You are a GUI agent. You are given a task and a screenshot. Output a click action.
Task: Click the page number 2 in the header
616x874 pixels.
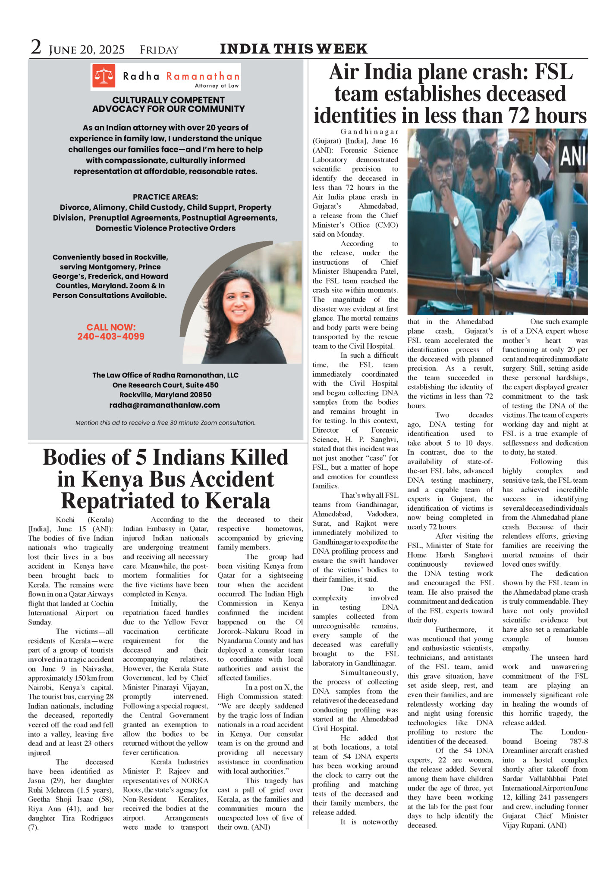tap(36, 48)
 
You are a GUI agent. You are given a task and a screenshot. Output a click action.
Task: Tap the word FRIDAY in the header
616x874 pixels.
tap(159, 50)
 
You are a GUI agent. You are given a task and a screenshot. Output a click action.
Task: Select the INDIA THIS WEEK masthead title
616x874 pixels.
tap(293, 49)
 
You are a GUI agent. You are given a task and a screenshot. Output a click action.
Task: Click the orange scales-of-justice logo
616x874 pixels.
tap(104, 76)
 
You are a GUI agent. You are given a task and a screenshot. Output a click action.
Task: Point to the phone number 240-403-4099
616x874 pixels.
tap(111, 337)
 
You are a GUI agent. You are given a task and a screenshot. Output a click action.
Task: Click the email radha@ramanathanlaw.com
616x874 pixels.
tap(164, 405)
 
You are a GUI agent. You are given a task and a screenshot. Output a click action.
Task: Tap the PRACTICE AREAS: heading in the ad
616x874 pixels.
tap(165, 197)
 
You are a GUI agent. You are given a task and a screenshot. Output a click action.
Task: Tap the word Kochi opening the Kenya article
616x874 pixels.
tap(65, 519)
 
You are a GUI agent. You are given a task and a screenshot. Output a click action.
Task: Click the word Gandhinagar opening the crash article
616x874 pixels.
tap(369, 131)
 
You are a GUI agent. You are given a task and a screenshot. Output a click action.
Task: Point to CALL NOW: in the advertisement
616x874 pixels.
tap(111, 327)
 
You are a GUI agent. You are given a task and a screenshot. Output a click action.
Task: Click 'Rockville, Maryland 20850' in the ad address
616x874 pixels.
tap(165, 395)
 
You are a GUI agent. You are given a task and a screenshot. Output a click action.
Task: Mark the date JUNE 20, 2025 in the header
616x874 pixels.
tap(87, 50)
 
